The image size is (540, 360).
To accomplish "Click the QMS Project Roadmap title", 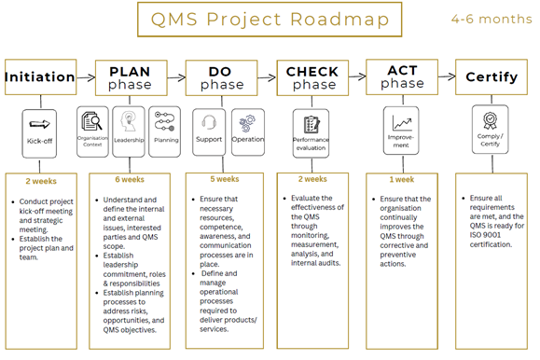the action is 270,20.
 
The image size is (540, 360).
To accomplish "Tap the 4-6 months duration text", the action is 492,19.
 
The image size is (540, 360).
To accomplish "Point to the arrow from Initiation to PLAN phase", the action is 86,77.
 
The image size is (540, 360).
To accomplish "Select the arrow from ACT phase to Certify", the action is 447,76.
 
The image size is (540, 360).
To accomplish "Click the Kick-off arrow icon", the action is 39,124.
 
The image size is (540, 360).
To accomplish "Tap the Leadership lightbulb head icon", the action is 128,121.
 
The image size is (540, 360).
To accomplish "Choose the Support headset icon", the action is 209,122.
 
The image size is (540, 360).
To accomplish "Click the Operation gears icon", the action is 247,123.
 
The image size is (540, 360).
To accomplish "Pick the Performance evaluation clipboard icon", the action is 312,124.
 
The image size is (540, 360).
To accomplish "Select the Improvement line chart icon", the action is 402,122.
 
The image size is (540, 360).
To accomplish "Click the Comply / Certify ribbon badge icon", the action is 490,120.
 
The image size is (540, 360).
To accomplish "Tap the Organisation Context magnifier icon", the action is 91,121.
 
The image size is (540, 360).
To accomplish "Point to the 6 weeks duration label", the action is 130,179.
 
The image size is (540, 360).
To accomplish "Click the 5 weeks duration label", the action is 225,179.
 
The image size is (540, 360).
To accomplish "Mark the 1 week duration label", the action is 402,179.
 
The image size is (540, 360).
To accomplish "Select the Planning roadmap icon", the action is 165,121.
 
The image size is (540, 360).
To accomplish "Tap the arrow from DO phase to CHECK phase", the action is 267,77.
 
